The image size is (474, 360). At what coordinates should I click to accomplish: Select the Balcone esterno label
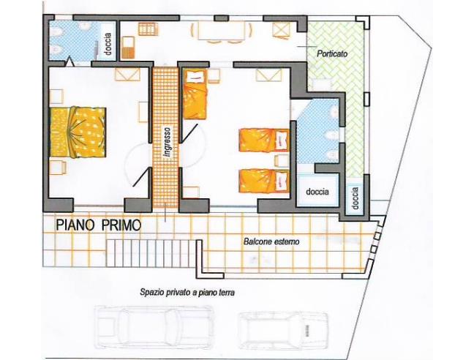pyautogui.click(x=272, y=239)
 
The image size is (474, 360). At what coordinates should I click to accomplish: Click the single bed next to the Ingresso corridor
pyautogui.click(x=194, y=94)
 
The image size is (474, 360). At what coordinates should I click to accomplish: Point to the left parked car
pyautogui.click(x=152, y=326)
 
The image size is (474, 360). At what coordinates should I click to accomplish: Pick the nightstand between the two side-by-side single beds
pyautogui.click(x=280, y=160)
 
